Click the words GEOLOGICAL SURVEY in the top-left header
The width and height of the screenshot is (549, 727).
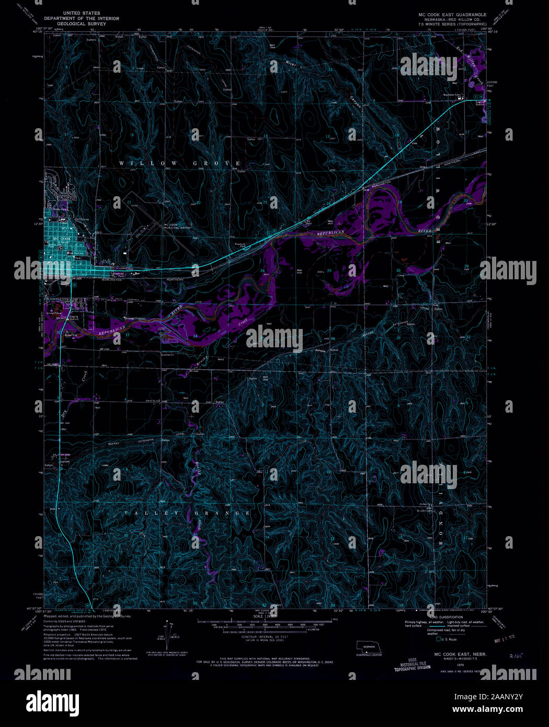82,24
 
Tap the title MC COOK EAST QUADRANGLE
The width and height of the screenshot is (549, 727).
452,15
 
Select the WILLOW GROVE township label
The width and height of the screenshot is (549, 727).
180,164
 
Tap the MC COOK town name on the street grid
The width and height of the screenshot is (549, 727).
62,238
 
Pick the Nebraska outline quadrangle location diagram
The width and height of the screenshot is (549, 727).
369,648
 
